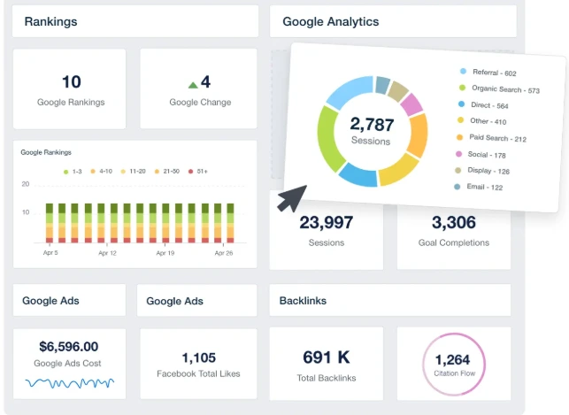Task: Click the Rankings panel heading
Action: click(x=50, y=21)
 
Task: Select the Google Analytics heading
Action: click(x=330, y=21)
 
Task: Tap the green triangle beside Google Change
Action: click(x=193, y=84)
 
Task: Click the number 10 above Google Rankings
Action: click(x=71, y=82)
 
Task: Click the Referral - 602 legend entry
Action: click(x=494, y=73)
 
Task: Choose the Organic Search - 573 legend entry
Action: click(x=505, y=88)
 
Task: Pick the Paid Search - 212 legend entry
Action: click(x=497, y=138)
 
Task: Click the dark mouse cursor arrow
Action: click(x=291, y=199)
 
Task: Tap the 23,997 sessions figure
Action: click(x=327, y=222)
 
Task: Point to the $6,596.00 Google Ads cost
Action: click(x=69, y=347)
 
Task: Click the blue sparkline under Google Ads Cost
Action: click(x=69, y=382)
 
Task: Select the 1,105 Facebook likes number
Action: click(x=198, y=357)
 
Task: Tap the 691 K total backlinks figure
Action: click(x=327, y=357)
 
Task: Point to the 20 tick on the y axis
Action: click(x=26, y=184)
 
